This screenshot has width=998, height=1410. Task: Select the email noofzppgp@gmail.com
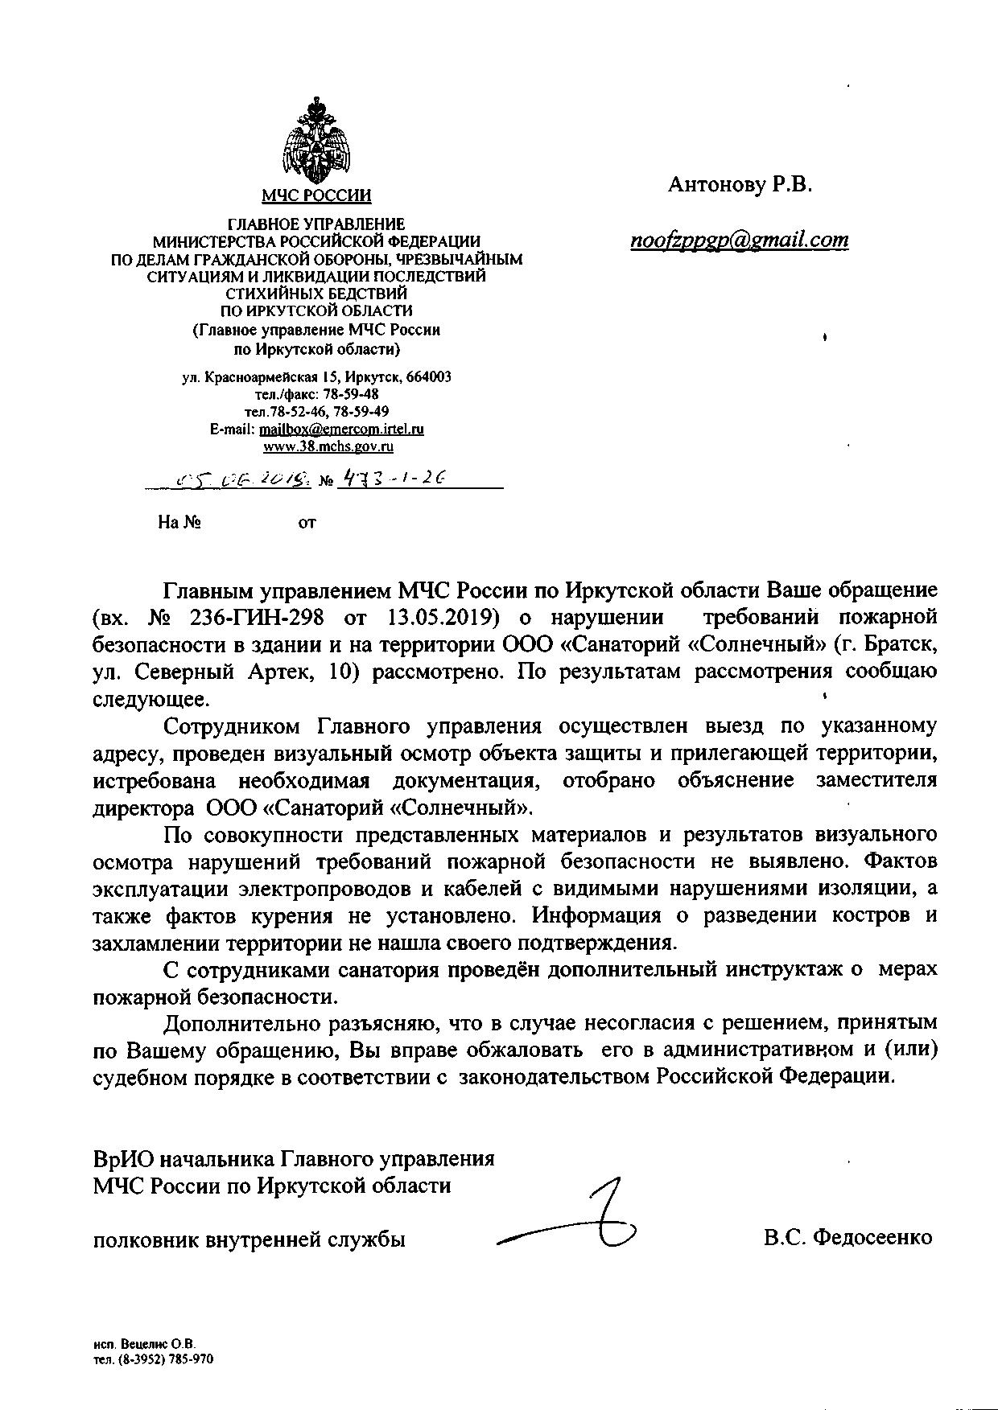click(x=740, y=240)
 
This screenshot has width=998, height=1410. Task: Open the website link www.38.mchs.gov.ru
click(x=328, y=446)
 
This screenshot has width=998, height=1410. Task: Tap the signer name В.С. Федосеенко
click(x=848, y=1237)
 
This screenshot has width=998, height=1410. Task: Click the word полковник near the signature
click(x=143, y=1239)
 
